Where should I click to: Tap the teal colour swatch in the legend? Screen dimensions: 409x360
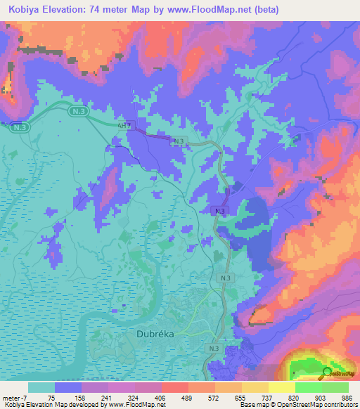point(41,387)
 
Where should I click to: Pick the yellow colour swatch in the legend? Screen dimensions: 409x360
point(282,387)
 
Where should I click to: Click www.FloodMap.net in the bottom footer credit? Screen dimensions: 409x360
point(139,405)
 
